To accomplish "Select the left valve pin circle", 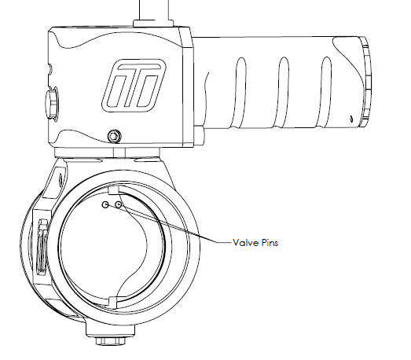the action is [x=105, y=205].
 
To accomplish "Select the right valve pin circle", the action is [x=119, y=205].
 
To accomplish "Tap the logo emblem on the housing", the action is [x=134, y=86].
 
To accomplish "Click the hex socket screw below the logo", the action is [x=114, y=136].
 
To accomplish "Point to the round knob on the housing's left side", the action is [x=52, y=103].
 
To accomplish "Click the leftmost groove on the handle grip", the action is [x=240, y=91].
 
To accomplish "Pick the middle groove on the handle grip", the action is [x=283, y=91].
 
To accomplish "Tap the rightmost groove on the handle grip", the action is [x=325, y=91].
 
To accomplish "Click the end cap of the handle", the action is [x=365, y=82].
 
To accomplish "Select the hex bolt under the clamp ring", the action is [x=110, y=340].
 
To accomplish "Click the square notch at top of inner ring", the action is [x=113, y=190].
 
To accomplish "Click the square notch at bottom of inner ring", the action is [x=113, y=302].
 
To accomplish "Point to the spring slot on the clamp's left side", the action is [x=42, y=248].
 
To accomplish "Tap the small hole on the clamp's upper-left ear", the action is [x=60, y=179].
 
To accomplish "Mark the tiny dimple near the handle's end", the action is [x=351, y=119].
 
